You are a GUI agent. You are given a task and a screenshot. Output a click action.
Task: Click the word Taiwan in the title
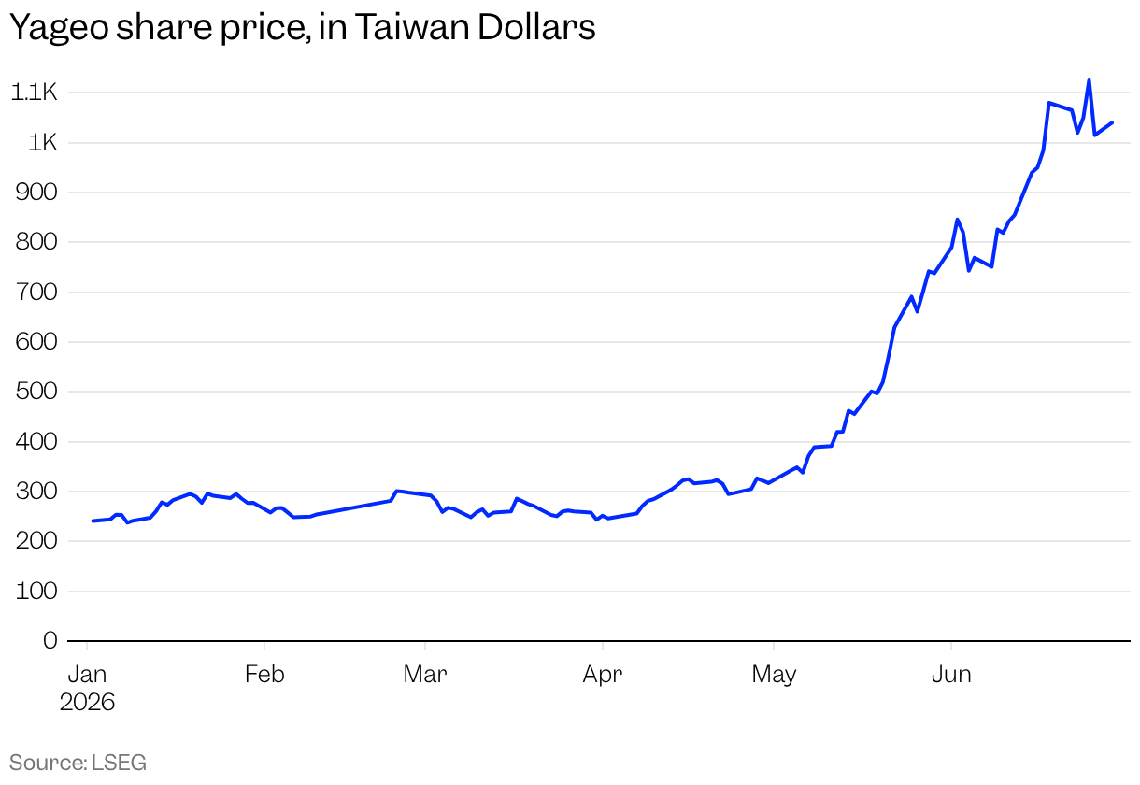coord(411,26)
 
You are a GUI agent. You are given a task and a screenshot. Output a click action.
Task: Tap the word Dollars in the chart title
coord(536,26)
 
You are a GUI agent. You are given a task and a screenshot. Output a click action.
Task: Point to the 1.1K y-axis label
coord(34,93)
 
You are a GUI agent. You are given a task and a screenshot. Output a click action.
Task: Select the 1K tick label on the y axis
coord(43,143)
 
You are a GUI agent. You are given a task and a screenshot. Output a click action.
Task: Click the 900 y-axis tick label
coord(36,193)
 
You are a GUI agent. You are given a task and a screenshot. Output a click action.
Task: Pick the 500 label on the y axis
coord(36,392)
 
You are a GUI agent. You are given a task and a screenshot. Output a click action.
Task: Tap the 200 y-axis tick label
coord(36,541)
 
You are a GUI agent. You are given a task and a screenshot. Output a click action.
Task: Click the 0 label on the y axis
coord(50,640)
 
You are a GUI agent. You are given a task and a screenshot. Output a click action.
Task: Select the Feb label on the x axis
coord(264,675)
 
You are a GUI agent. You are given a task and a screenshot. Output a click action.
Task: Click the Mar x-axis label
coord(425,675)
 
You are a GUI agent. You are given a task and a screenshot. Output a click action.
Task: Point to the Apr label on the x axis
coord(603,675)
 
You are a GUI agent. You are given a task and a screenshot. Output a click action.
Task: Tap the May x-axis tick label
coord(774,675)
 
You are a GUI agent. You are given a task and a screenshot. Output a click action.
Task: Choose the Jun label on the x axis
coord(951,675)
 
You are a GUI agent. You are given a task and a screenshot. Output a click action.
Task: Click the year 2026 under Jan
coord(87,703)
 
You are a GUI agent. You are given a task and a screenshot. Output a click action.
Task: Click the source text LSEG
coord(119,763)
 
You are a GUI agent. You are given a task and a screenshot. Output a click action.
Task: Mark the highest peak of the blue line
coord(1089,80)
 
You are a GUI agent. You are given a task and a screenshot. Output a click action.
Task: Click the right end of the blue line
coord(1112,122)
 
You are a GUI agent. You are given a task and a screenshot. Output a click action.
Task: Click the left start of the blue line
coord(93,521)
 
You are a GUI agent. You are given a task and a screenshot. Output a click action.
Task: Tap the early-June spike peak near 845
coord(957,220)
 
